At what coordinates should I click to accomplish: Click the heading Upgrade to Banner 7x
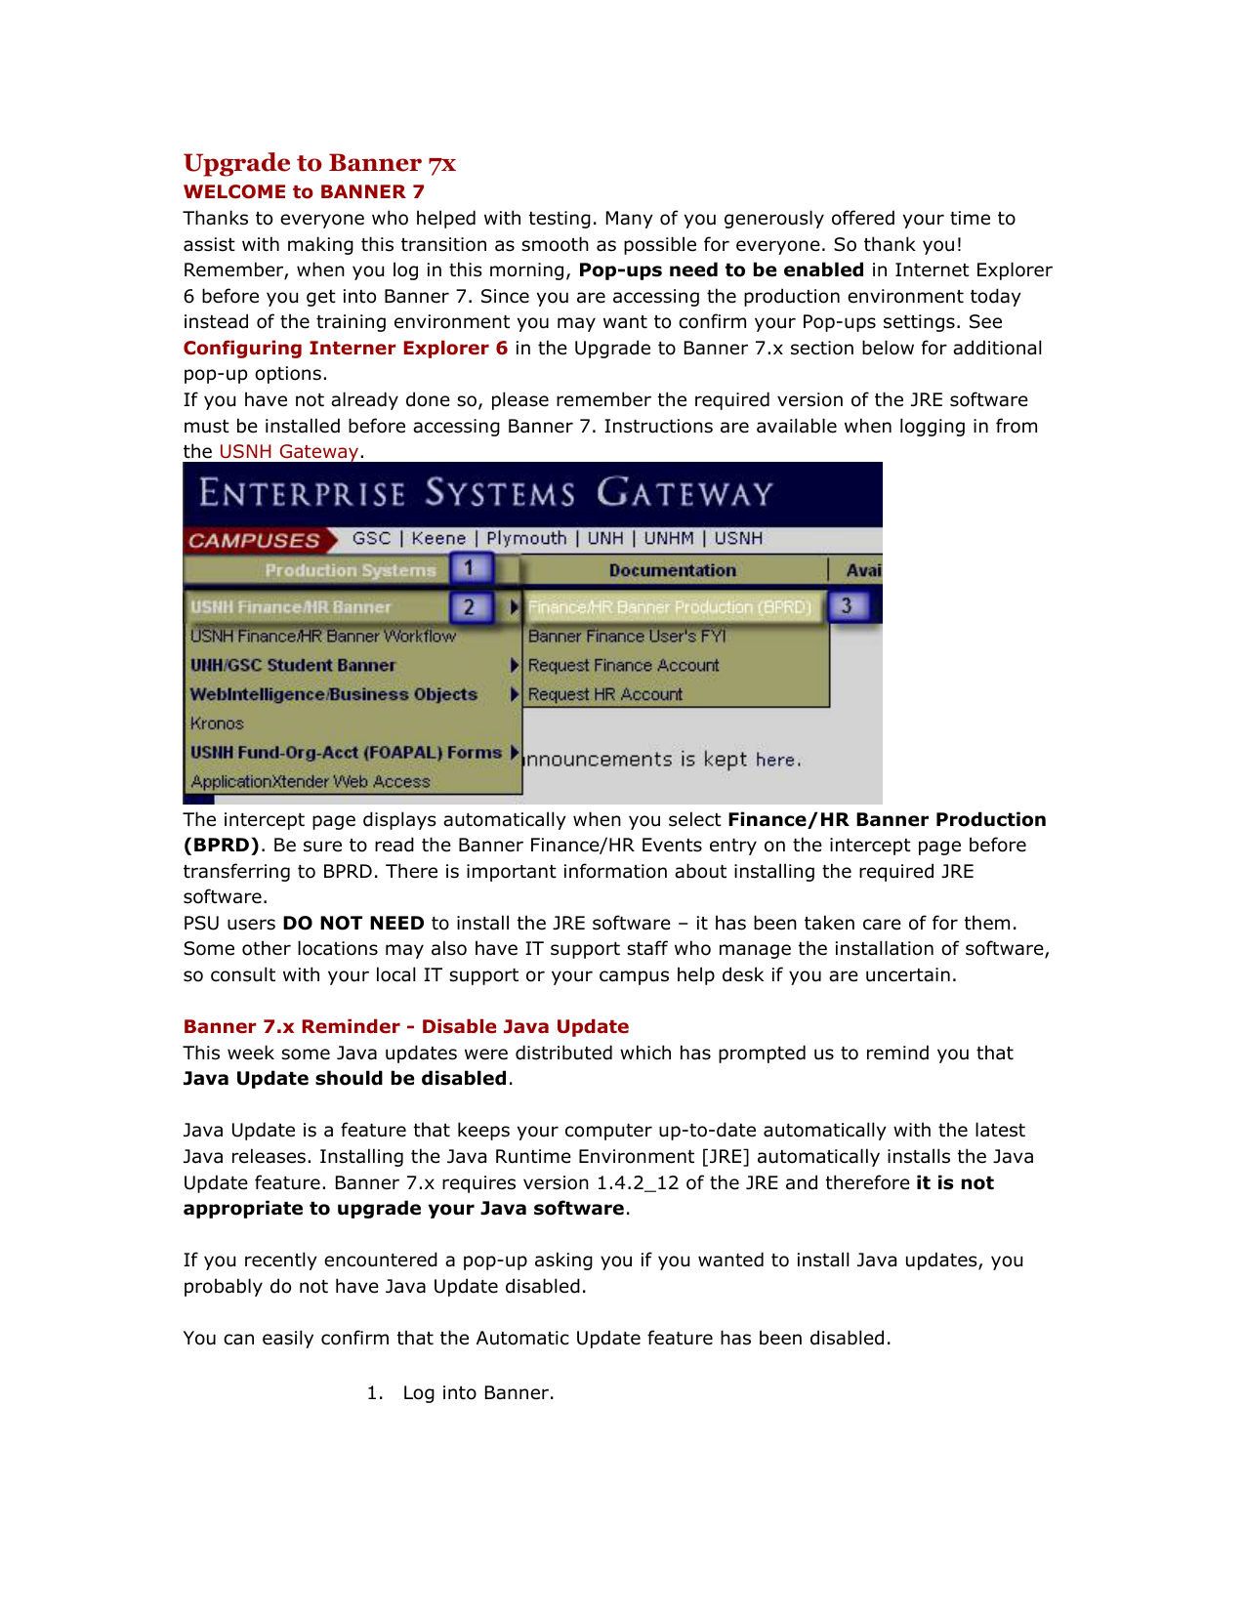pyautogui.click(x=319, y=163)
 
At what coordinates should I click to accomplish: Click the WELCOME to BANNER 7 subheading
pyautogui.click(x=304, y=192)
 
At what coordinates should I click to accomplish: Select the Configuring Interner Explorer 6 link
pyautogui.click(x=346, y=349)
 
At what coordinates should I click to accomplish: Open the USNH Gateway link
pyautogui.click(x=289, y=452)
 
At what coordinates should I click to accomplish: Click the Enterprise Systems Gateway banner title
pyautogui.click(x=486, y=493)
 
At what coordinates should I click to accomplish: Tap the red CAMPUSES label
pyautogui.click(x=254, y=541)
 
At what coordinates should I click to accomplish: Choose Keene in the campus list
pyautogui.click(x=438, y=539)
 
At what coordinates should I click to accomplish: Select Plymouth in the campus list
pyautogui.click(x=526, y=539)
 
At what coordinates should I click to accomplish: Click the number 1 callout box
pyautogui.click(x=470, y=568)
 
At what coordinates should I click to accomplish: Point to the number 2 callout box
pyautogui.click(x=470, y=607)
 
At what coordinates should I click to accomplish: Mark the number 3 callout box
pyautogui.click(x=847, y=606)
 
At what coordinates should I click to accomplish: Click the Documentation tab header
pyautogui.click(x=672, y=570)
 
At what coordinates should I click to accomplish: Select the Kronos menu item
pyautogui.click(x=217, y=723)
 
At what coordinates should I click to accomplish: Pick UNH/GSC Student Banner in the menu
pyautogui.click(x=293, y=666)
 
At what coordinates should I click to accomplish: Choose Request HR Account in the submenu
pyautogui.click(x=605, y=695)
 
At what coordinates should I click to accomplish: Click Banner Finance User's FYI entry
pyautogui.click(x=627, y=637)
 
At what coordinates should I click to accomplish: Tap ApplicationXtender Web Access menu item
pyautogui.click(x=311, y=782)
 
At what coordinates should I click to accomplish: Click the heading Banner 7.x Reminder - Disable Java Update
pyautogui.click(x=406, y=1027)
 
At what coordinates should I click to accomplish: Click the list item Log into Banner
pyautogui.click(x=477, y=1393)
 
